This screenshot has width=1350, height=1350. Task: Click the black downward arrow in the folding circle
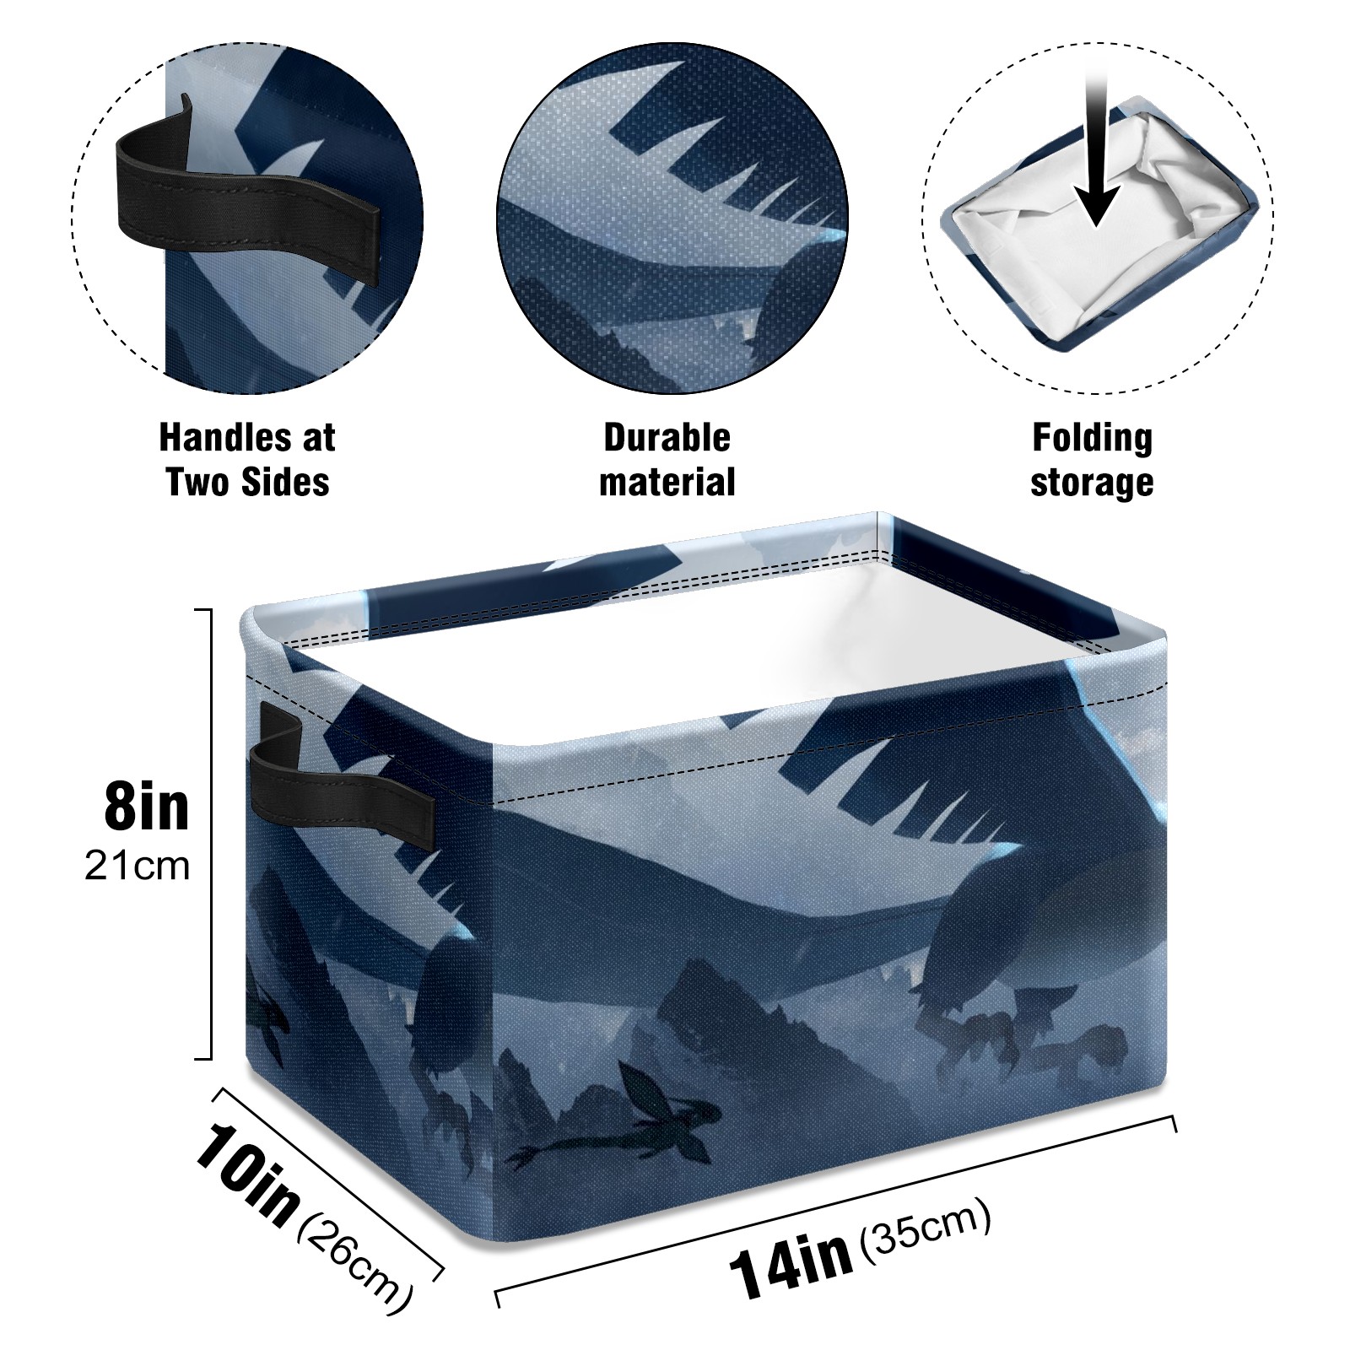(1097, 152)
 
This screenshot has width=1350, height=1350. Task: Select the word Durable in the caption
(667, 438)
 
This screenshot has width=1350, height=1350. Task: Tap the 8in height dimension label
(147, 806)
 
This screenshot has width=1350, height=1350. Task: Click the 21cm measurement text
(137, 867)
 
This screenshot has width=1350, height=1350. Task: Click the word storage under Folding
(1092, 483)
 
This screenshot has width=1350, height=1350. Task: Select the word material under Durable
(667, 483)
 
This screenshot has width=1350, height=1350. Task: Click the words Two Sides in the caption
(247, 483)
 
